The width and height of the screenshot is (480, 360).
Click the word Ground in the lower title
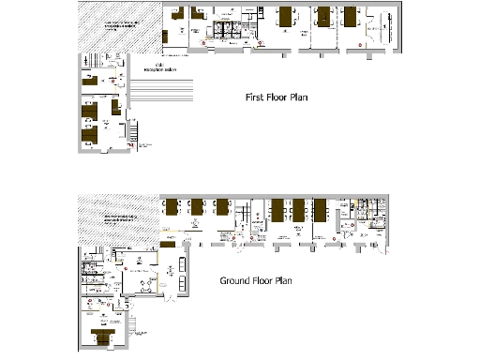coord(238,280)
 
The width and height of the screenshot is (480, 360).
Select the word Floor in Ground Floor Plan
coord(274,280)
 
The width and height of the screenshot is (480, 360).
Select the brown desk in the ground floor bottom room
coord(100,335)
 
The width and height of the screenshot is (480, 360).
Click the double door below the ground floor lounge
coord(169,302)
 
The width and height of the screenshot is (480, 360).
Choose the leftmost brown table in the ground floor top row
coord(172,208)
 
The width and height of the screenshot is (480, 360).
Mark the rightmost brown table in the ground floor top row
coord(320,208)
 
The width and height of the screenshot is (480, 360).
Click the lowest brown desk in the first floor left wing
coord(88,137)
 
